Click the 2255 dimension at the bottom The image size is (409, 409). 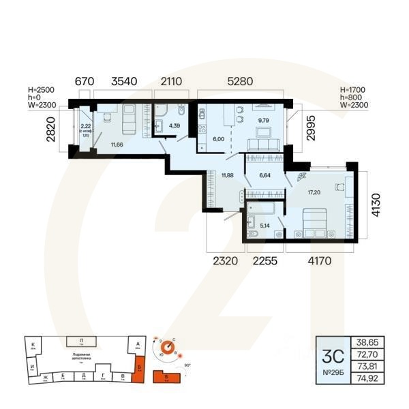pyautogui.click(x=264, y=259)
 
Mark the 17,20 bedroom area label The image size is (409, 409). pyautogui.click(x=314, y=193)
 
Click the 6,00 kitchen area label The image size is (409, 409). pyautogui.click(x=219, y=138)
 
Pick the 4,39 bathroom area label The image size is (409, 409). pyautogui.click(x=175, y=125)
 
